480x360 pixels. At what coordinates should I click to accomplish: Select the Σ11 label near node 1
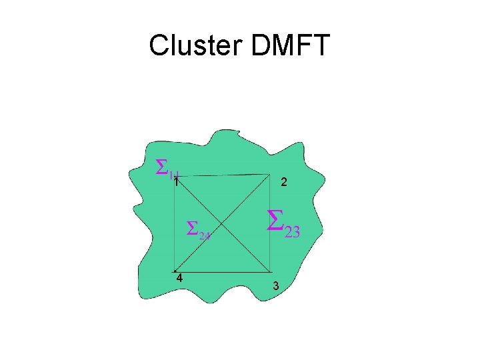pyautogui.click(x=167, y=168)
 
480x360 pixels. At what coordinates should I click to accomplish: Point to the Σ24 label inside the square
pyautogui.click(x=198, y=230)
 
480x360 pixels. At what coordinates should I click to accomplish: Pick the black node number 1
pyautogui.click(x=175, y=181)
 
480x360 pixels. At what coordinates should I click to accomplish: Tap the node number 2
pyautogui.click(x=284, y=182)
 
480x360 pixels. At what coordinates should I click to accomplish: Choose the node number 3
pyautogui.click(x=276, y=286)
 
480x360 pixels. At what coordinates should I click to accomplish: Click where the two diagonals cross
pyautogui.click(x=223, y=223)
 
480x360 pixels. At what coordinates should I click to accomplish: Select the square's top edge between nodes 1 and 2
pyautogui.click(x=223, y=175)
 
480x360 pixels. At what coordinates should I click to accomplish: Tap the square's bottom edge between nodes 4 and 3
pyautogui.click(x=223, y=272)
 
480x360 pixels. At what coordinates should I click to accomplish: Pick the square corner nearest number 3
pyautogui.click(x=271, y=272)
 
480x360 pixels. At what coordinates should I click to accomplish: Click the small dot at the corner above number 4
pyautogui.click(x=174, y=272)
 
